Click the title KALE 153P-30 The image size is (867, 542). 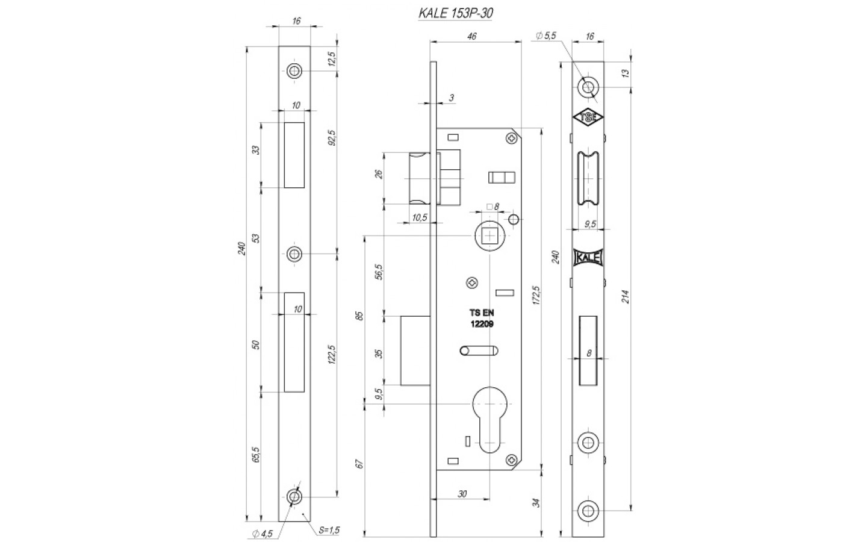click(x=456, y=13)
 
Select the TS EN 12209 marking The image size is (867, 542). click(x=482, y=318)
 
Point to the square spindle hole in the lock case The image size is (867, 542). click(x=490, y=236)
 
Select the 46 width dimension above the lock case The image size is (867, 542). click(x=471, y=36)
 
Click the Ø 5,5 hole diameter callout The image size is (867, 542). click(x=545, y=36)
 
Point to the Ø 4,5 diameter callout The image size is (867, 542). click(x=263, y=534)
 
